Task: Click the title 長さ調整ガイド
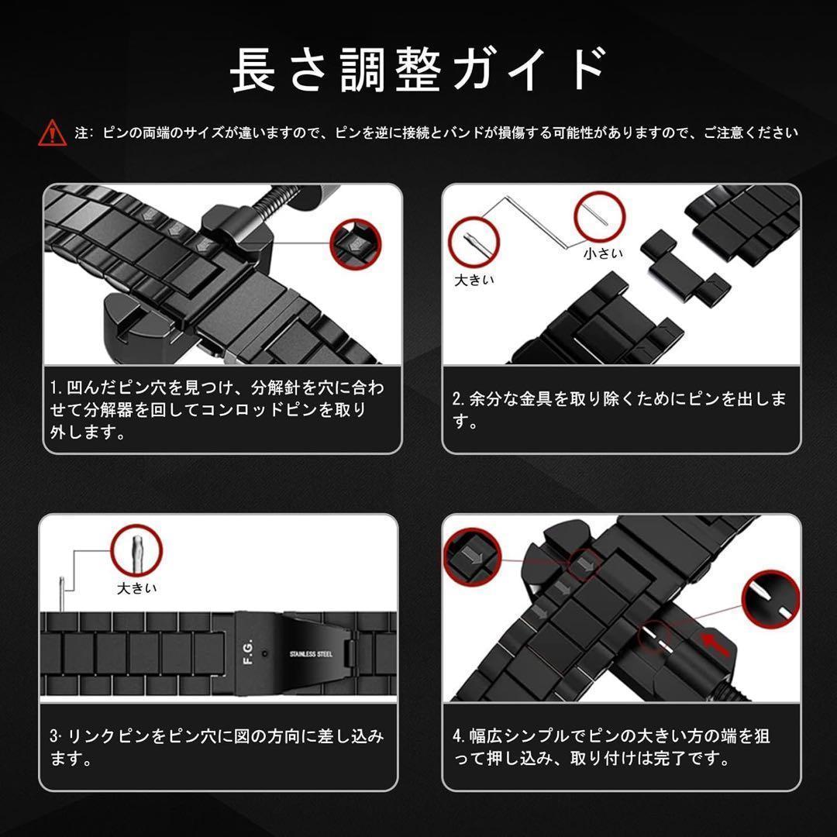coord(419,70)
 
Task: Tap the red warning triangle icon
coord(53,133)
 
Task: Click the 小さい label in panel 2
coord(603,253)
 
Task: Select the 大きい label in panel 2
coord(474,280)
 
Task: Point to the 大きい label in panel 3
coord(137,588)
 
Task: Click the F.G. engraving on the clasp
coord(248,651)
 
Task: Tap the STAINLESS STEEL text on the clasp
coord(312,654)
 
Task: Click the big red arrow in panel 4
coord(715,643)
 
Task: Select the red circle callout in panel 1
coord(356,244)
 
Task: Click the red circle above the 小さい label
coord(600,217)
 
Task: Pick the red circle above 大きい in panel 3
coord(136,550)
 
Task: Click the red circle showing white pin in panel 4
coord(771,598)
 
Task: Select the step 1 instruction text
coord(217,409)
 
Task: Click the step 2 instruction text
coord(619,409)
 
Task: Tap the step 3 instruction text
coord(217,746)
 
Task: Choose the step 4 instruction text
coord(611,746)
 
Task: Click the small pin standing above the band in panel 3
coord(62,594)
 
